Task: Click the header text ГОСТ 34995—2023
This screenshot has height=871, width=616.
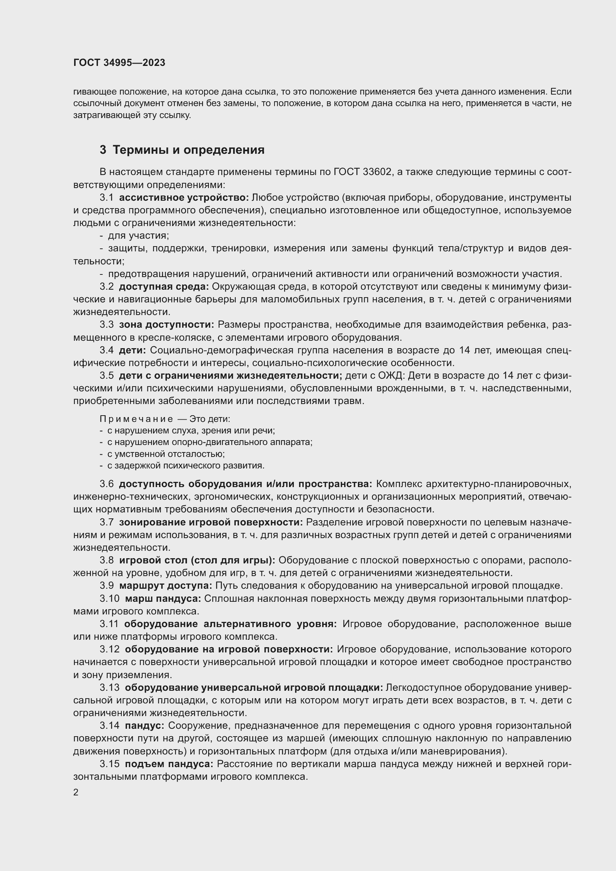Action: [119, 63]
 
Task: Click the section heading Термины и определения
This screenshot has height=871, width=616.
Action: [188, 150]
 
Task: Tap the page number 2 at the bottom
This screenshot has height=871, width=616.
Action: [76, 792]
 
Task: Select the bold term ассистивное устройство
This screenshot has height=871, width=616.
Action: [184, 198]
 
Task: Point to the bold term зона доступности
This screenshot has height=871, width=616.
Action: [166, 325]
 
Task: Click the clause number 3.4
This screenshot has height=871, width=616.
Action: [107, 350]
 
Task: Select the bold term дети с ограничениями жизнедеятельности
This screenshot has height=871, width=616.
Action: [230, 376]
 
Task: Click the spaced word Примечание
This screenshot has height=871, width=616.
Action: [136, 419]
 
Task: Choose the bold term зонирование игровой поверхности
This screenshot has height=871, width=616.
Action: [211, 522]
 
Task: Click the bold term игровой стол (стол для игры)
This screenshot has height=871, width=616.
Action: [197, 560]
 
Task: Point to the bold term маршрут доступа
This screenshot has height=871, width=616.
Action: [165, 586]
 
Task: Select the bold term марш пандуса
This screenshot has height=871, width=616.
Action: [163, 599]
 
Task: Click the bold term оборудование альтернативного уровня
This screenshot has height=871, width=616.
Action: [230, 624]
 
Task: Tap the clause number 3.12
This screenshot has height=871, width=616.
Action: [109, 649]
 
